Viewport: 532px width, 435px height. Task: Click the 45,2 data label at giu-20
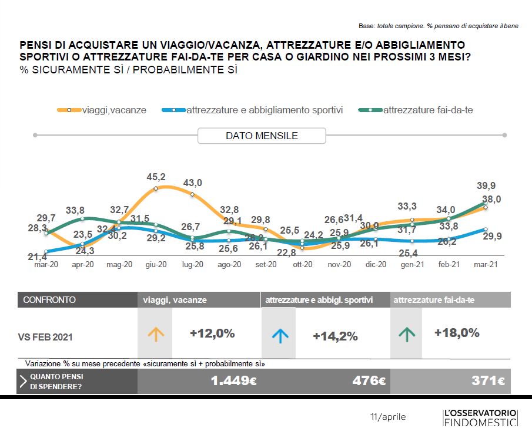[156, 176]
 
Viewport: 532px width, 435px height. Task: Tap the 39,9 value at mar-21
[486, 186]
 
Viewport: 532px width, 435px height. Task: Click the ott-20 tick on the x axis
[302, 265]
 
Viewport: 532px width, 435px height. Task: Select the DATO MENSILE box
[262, 136]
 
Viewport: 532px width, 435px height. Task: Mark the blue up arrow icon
[280, 336]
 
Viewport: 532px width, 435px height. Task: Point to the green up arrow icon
[406, 335]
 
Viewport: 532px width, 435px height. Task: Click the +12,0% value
[212, 333]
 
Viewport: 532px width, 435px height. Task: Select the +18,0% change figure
[457, 332]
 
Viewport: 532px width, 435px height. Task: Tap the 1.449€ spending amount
[233, 381]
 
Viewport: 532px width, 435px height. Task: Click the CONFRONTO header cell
[49, 300]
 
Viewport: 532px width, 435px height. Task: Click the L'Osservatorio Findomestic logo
[480, 417]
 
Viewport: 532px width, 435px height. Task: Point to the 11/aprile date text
[388, 417]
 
